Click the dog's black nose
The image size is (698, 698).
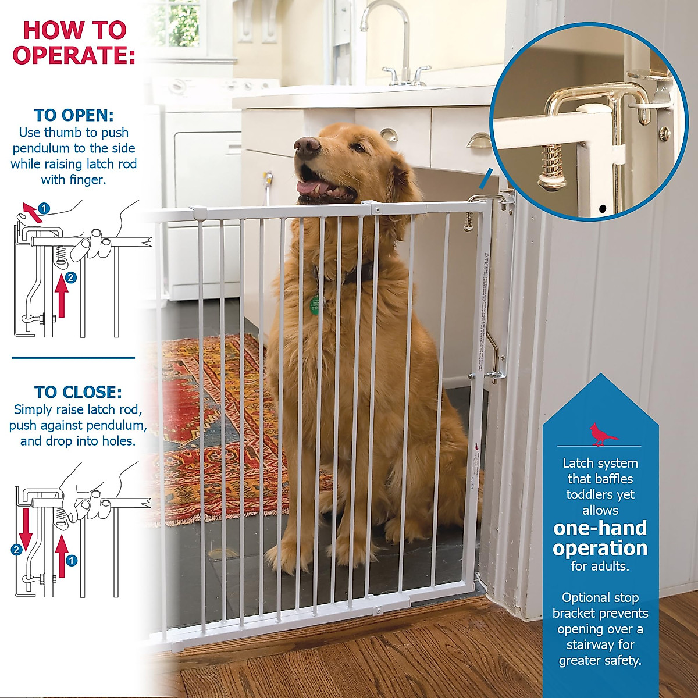point(307,144)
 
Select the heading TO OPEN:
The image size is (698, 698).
point(74,115)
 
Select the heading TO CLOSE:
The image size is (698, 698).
point(78,392)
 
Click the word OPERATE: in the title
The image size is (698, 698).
point(74,55)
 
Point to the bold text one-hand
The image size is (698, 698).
point(600,528)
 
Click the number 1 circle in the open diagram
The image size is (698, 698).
point(44,208)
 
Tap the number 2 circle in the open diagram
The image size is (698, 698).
point(70,278)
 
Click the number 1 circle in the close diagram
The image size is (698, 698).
point(71,560)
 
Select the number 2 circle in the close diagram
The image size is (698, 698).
point(17,549)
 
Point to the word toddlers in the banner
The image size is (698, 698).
point(600,495)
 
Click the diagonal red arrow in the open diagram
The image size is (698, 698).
point(33,213)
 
